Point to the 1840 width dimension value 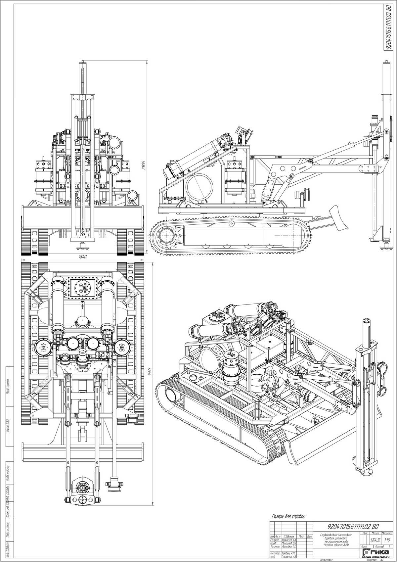(83, 257)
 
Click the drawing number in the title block (353, 517)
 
